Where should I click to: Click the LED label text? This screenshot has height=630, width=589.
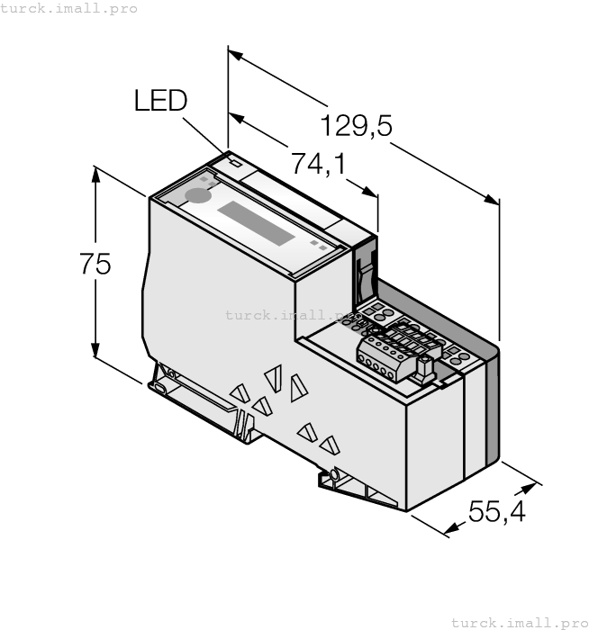click(x=160, y=100)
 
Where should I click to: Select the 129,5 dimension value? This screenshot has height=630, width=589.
click(x=357, y=126)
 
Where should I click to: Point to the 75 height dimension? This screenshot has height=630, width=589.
click(x=94, y=265)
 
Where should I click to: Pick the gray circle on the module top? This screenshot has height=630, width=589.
click(x=195, y=195)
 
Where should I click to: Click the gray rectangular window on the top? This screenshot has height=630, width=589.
click(x=257, y=223)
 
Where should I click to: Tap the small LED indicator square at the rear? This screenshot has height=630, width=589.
click(x=234, y=164)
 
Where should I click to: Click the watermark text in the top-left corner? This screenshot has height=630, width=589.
click(x=69, y=8)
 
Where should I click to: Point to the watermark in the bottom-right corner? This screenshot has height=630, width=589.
click(x=518, y=622)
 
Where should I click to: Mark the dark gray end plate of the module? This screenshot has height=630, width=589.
click(x=492, y=405)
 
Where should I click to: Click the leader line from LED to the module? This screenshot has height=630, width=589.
click(x=209, y=134)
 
